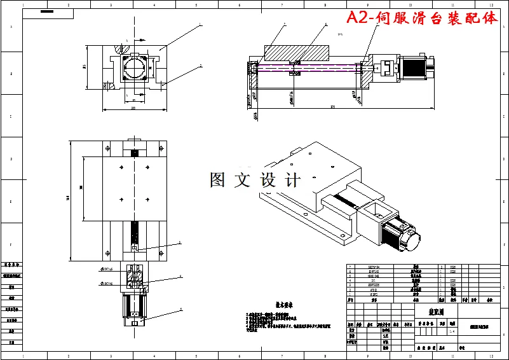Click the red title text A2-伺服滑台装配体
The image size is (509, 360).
tap(423, 18)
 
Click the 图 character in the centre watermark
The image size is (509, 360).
tap(217, 180)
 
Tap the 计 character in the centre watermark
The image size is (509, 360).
tap(293, 180)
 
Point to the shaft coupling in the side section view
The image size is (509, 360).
tap(385, 67)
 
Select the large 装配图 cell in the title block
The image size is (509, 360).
tap(433, 312)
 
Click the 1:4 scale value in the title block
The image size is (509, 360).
tap(452, 330)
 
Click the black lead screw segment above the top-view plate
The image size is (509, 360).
tap(134, 153)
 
